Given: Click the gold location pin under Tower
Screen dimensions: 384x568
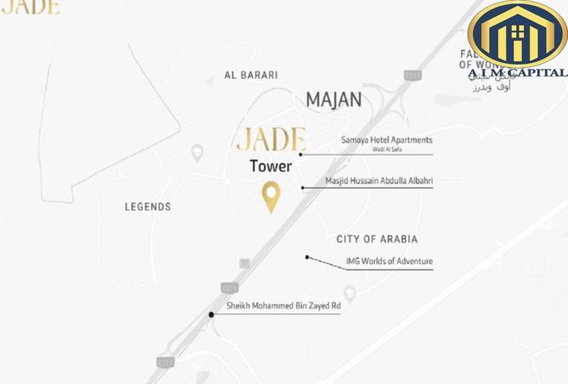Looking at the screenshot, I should coord(270,196).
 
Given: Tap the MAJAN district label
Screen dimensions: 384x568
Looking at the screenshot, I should coord(333,99).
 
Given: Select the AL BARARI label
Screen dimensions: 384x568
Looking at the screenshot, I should coord(251,75).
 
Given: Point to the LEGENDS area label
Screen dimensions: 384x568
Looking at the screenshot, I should coord(148,206).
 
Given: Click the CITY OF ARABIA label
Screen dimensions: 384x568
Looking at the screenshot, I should coord(377,240).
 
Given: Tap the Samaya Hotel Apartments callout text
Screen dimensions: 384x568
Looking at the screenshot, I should coord(386,140).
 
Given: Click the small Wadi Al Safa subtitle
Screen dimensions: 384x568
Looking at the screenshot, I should coord(387,150).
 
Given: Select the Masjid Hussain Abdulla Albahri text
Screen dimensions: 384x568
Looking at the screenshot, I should coord(378,181).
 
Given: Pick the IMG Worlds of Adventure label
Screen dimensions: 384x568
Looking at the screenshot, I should coord(389,262).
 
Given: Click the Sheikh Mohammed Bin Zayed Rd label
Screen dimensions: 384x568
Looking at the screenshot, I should coord(283,306).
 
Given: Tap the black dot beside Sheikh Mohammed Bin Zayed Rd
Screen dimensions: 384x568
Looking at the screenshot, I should coord(212,314).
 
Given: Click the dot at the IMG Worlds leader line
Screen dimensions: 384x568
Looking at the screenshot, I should coord(307,257).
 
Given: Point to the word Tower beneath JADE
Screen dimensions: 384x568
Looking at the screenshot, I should coord(270,167).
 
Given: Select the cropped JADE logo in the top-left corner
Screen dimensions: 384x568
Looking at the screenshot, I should coord(30,7).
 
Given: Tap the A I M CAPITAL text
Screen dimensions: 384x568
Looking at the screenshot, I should coord(517,73).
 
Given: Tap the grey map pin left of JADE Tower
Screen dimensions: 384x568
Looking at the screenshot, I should coord(198,153).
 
